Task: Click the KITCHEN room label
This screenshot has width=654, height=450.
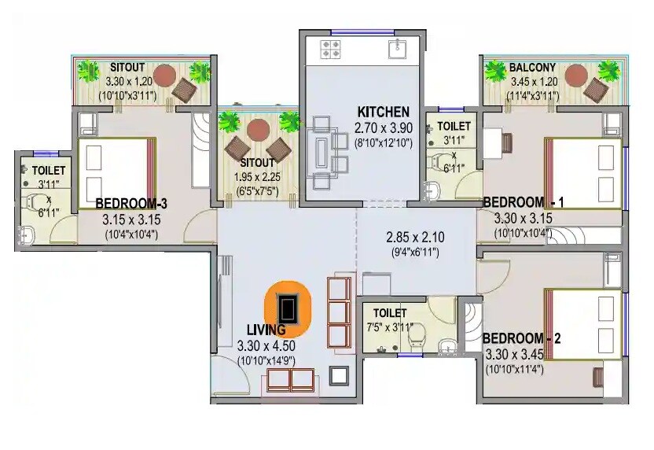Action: (x=383, y=111)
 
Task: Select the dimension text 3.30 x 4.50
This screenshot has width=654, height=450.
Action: (x=266, y=345)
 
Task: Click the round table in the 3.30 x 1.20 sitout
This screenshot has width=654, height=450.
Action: (x=164, y=76)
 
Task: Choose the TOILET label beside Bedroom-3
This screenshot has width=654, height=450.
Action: (x=48, y=169)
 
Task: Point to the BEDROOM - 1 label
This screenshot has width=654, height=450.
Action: (x=523, y=202)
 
